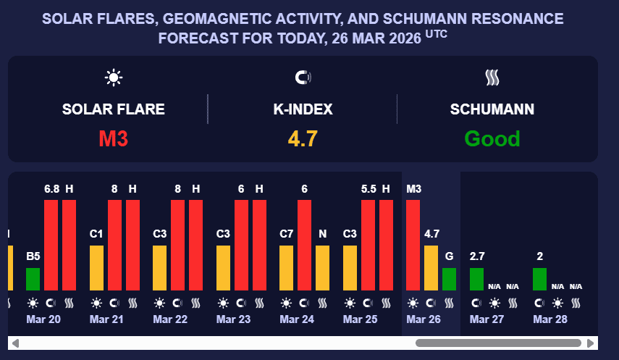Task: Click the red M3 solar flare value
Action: click(x=114, y=138)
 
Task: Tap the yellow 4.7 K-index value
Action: click(x=303, y=138)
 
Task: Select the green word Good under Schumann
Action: click(x=492, y=138)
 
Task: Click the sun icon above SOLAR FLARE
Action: click(x=113, y=78)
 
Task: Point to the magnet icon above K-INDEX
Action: click(x=303, y=78)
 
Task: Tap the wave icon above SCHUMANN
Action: click(x=492, y=78)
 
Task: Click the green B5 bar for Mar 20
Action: click(x=33, y=279)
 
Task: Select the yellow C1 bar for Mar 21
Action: click(x=96, y=267)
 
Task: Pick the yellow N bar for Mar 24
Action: click(x=322, y=267)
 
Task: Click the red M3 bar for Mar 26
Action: click(x=413, y=244)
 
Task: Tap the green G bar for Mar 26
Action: click(x=449, y=279)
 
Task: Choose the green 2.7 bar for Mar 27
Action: click(x=476, y=279)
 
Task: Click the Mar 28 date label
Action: click(x=550, y=319)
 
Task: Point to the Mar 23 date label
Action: click(x=233, y=319)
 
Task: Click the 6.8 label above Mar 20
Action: click(x=51, y=189)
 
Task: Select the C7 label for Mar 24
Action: click(x=287, y=234)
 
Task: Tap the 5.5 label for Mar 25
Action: click(x=369, y=189)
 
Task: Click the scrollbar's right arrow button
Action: click(x=591, y=343)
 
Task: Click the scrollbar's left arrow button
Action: click(x=15, y=343)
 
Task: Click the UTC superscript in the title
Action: click(x=436, y=33)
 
